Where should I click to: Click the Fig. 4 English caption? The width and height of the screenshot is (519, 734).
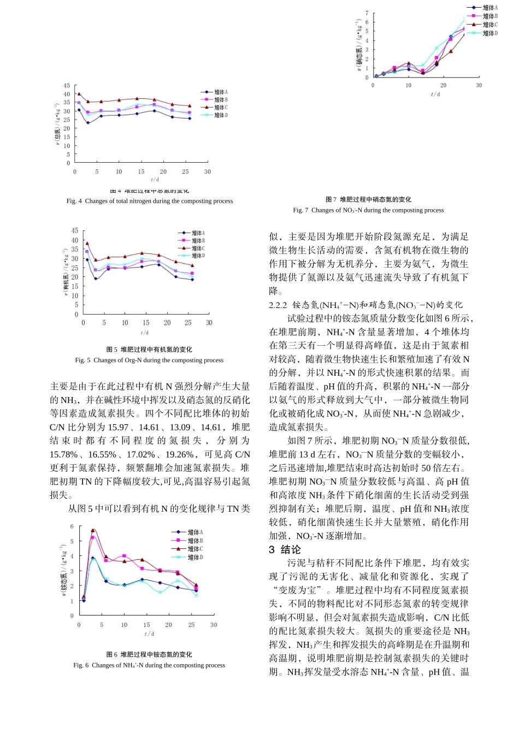point(150,201)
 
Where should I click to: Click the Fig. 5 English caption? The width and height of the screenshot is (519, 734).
point(149,360)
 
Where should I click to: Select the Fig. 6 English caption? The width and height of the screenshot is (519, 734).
point(149,665)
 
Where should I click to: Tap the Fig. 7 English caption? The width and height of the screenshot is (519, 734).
point(368,210)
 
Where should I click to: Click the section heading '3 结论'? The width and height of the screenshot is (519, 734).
point(285,549)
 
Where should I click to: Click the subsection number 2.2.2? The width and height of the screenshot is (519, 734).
point(278,305)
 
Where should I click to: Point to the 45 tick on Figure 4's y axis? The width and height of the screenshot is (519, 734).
point(67,86)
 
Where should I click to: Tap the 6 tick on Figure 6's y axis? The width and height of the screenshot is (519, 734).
point(72,526)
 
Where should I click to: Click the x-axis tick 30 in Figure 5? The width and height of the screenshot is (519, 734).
point(209,323)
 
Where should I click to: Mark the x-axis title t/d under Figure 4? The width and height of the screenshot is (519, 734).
point(155,180)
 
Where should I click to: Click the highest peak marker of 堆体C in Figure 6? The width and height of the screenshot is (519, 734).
point(93,530)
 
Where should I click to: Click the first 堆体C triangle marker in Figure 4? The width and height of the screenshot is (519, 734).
point(79,94)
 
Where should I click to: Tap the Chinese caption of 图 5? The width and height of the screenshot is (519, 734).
point(149,350)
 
